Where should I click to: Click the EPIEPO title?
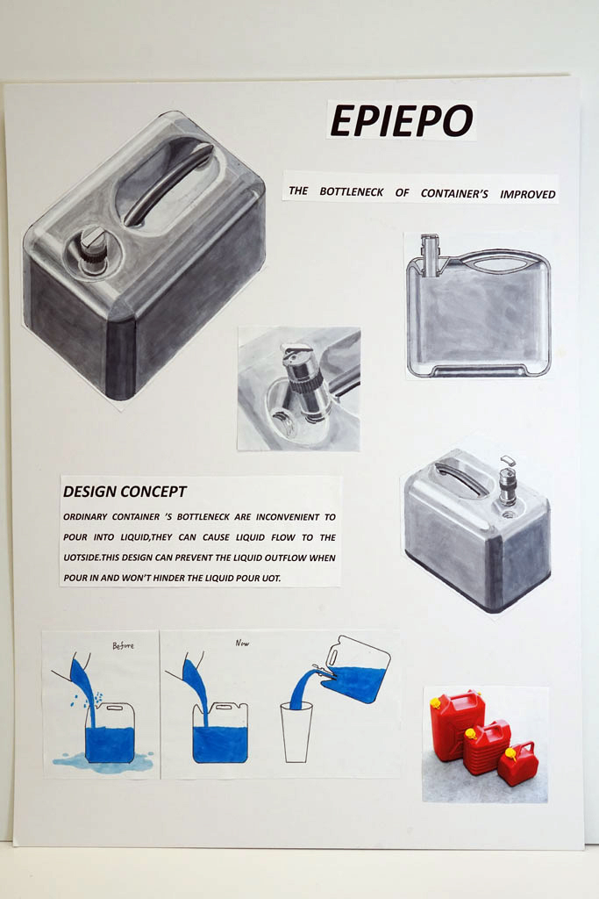pos(402,121)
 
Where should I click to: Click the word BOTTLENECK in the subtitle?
pos(351,192)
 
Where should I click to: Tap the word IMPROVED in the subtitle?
pos(527,194)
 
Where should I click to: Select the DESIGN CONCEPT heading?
pos(125,492)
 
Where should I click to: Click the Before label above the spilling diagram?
pos(123,645)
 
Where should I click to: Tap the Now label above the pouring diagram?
pos(242,644)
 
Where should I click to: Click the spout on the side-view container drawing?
pos(430,255)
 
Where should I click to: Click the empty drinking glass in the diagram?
pos(296,732)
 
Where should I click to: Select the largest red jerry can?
pos(455,723)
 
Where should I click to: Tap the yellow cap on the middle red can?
pos(471,733)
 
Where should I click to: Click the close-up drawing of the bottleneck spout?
pos(299,388)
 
